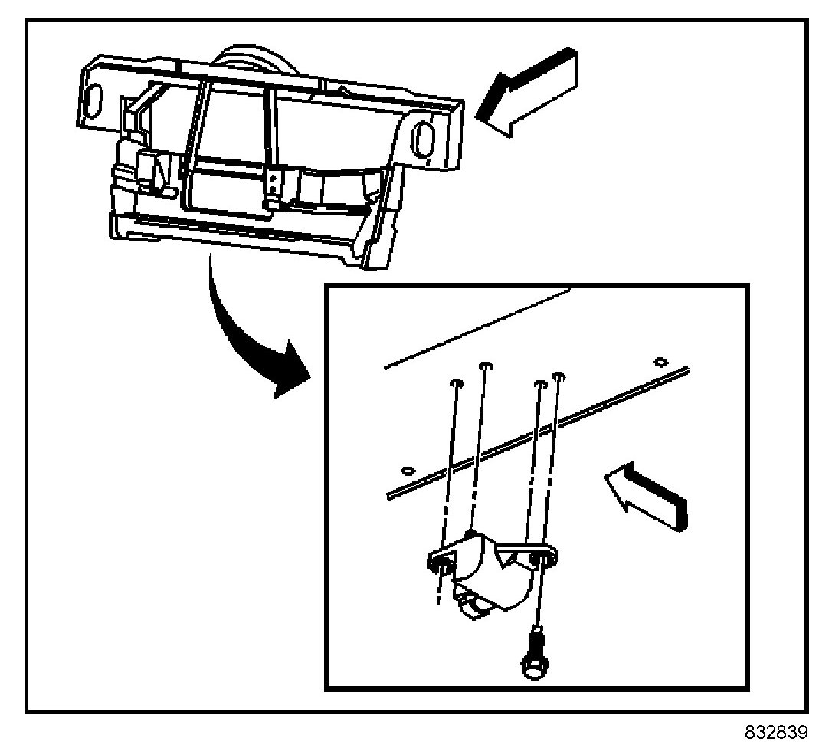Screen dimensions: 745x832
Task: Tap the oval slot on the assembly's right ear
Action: coord(422,139)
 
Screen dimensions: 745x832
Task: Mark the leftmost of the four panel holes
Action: coord(457,382)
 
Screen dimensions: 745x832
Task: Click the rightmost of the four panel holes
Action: coord(559,376)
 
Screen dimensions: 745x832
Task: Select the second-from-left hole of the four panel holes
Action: coord(485,366)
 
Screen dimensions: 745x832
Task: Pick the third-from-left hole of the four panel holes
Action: coord(540,382)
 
